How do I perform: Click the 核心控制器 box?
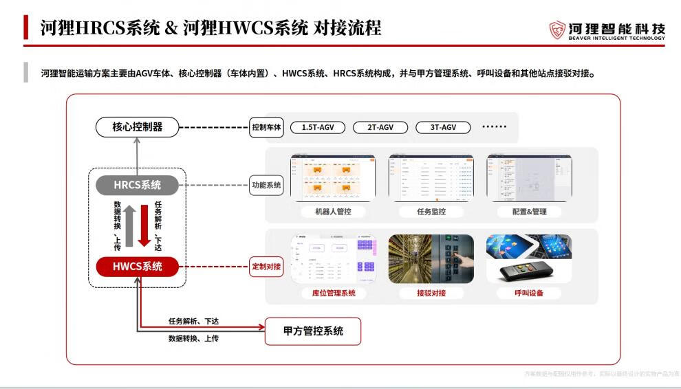tap(137, 126)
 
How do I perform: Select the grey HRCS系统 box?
tap(137, 185)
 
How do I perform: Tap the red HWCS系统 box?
tap(137, 266)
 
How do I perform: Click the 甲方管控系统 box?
tap(313, 332)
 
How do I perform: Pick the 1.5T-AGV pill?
tap(317, 127)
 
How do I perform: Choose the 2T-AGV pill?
tap(380, 127)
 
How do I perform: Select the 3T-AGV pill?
tap(443, 127)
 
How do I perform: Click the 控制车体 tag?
tap(267, 127)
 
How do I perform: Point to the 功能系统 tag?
tap(267, 185)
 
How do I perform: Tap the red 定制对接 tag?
tap(267, 267)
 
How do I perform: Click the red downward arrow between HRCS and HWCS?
tap(144, 225)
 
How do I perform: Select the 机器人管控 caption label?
tap(333, 212)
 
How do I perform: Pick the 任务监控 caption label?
tap(431, 212)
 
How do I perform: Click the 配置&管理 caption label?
tap(529, 212)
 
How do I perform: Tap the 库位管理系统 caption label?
tap(333, 293)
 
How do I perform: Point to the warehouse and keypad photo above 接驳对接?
tap(431, 259)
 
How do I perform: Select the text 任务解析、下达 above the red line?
tap(194, 321)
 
